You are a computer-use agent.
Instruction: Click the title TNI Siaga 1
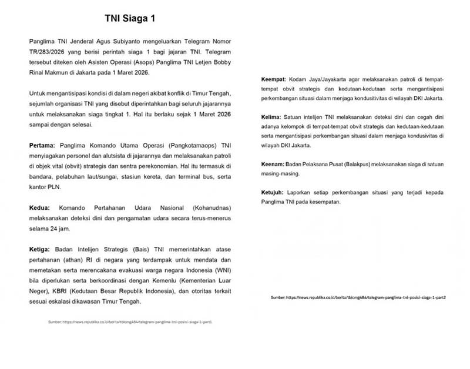tap(130, 18)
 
